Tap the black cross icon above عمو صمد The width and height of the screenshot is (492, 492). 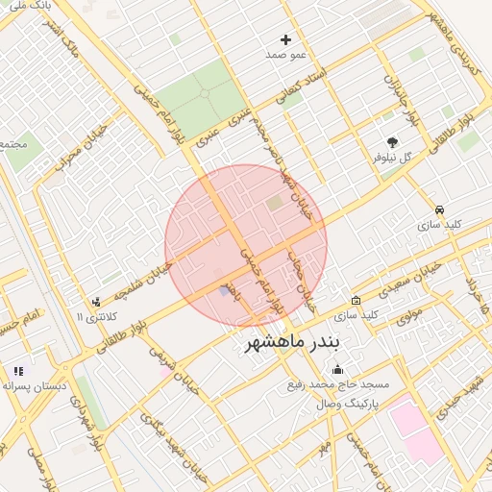click(x=285, y=40)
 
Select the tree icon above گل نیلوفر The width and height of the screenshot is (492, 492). click(x=391, y=141)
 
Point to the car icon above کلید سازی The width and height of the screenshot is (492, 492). click(x=439, y=209)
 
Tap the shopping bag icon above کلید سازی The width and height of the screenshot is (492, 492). click(x=356, y=300)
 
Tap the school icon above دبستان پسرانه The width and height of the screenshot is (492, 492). click(x=17, y=371)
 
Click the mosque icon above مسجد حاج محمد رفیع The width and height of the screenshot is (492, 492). click(x=336, y=370)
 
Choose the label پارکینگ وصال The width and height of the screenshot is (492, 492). click(x=347, y=404)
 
